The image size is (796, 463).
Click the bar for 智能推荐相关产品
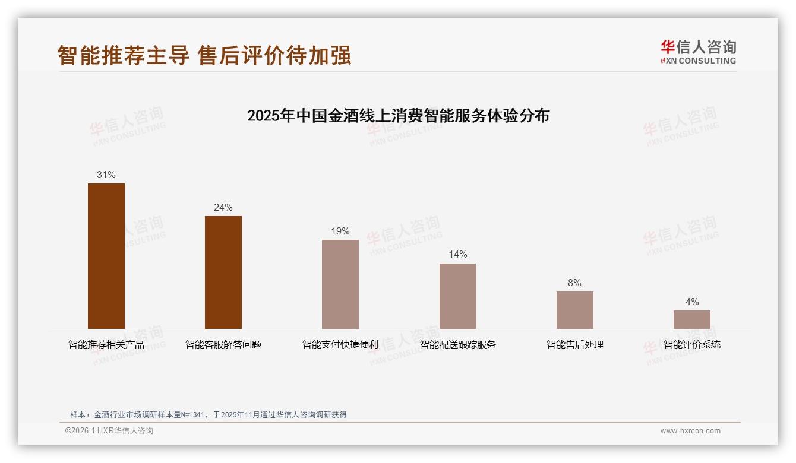pyautogui.click(x=106, y=256)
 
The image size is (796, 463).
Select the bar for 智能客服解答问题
pyautogui.click(x=223, y=272)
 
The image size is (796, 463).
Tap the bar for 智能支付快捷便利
pyautogui.click(x=340, y=284)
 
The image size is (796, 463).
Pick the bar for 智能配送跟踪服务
pyautogui.click(x=457, y=296)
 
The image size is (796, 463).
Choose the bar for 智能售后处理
pyautogui.click(x=574, y=310)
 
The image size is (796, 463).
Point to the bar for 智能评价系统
pyautogui.click(x=691, y=319)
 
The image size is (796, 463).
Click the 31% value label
pyautogui.click(x=106, y=175)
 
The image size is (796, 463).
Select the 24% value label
pyautogui.click(x=223, y=208)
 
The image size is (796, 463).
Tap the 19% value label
pyautogui.click(x=340, y=231)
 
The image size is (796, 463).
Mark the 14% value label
pyautogui.click(x=457, y=255)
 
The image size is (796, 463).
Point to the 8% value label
pyautogui.click(x=574, y=283)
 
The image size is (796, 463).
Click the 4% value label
pyautogui.click(x=691, y=302)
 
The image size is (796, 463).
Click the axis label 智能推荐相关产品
pyautogui.click(x=106, y=345)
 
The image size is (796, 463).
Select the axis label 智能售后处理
pyautogui.click(x=574, y=345)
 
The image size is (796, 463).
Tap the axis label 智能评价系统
pyautogui.click(x=691, y=345)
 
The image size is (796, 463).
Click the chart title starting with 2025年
pyautogui.click(x=398, y=116)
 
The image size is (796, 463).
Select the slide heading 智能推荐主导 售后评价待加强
pyautogui.click(x=204, y=55)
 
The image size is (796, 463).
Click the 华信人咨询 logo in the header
pyautogui.click(x=698, y=52)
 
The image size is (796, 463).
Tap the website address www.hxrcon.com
pyautogui.click(x=690, y=431)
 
